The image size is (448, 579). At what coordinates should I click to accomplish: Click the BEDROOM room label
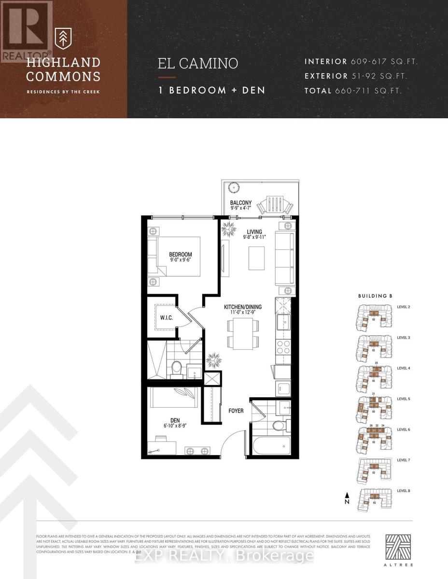coord(180,254)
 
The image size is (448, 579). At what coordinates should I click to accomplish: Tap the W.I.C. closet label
coord(167,319)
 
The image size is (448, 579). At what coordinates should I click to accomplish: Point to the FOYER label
coord(236,411)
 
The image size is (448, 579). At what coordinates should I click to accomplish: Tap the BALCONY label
coord(240,203)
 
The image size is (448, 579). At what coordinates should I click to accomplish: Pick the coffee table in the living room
coord(256,258)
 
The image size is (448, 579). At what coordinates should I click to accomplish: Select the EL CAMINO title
coord(198,64)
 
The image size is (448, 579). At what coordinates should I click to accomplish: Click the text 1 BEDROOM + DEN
coord(211,90)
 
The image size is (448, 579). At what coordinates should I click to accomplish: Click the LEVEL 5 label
coord(404,399)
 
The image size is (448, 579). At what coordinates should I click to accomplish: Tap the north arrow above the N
coord(346,495)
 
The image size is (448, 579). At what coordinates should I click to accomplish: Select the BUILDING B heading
coord(375,295)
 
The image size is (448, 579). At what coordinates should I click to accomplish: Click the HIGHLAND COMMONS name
coord(63,69)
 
